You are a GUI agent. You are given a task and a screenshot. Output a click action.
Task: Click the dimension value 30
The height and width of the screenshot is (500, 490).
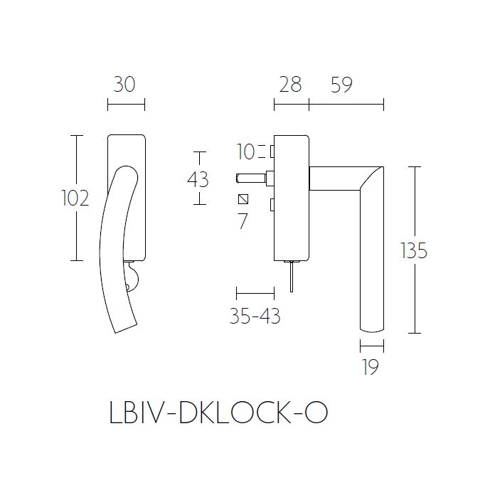pyautogui.click(x=124, y=85)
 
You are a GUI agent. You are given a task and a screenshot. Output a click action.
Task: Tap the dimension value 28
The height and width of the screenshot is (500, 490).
pyautogui.click(x=290, y=85)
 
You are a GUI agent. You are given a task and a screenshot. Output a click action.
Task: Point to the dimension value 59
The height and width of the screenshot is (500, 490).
pyautogui.click(x=342, y=85)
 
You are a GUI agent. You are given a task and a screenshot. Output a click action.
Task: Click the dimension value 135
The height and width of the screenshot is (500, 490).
pyautogui.click(x=414, y=251)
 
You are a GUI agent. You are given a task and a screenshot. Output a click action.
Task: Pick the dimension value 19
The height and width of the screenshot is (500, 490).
pyautogui.click(x=370, y=367)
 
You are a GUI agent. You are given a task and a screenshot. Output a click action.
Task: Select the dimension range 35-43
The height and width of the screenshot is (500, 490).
pyautogui.click(x=255, y=316)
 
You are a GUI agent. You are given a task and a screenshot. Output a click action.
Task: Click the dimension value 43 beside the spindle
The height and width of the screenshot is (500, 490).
pyautogui.click(x=198, y=179)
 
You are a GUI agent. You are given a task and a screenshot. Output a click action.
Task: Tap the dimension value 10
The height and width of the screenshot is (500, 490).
pyautogui.click(x=245, y=151)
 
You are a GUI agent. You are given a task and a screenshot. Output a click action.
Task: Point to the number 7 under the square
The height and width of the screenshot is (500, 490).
pyautogui.click(x=243, y=221)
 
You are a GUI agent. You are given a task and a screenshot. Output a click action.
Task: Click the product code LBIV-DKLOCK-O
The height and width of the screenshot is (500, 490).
pyautogui.click(x=219, y=413)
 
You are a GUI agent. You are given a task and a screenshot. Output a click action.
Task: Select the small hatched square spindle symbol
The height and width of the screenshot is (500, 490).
pyautogui.click(x=243, y=199)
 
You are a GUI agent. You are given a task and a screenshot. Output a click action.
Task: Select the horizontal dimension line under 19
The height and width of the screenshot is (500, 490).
pyautogui.click(x=372, y=346)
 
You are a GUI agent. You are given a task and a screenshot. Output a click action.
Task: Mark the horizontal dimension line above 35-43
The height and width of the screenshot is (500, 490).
pyautogui.click(x=255, y=292)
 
